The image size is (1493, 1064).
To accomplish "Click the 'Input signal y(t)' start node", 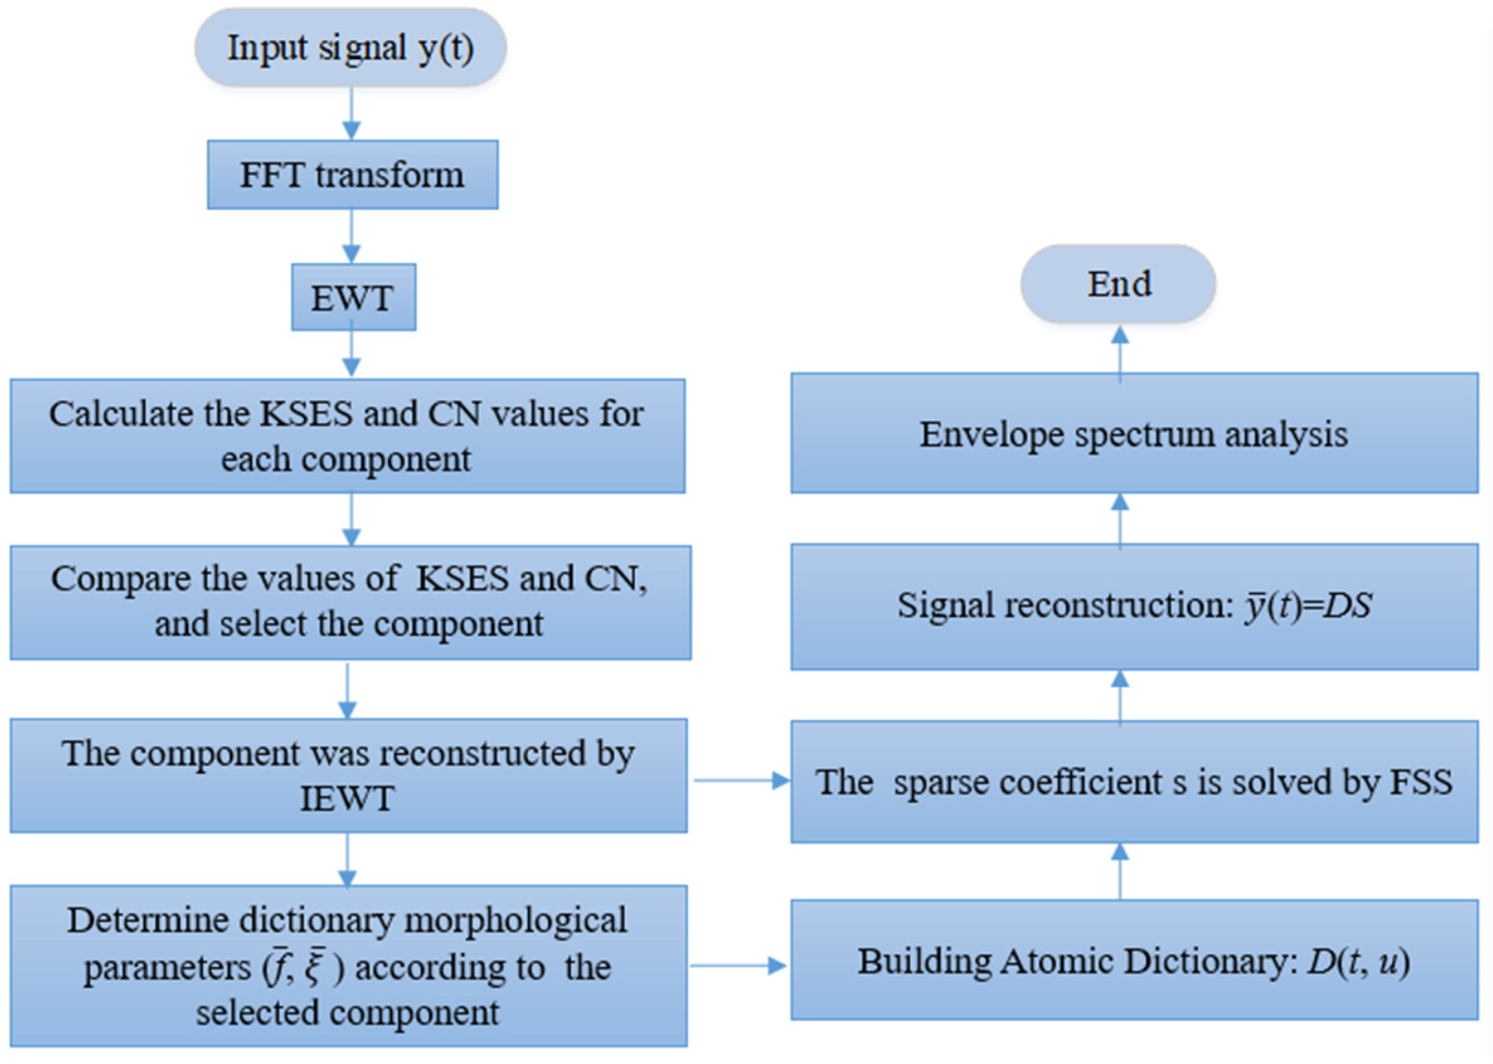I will tap(350, 48).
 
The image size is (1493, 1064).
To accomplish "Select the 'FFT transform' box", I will tap(352, 175).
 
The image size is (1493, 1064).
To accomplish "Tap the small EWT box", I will tap(353, 297).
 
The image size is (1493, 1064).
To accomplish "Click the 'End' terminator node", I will tap(1118, 284).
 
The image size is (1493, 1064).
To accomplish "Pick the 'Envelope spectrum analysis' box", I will tap(1134, 434).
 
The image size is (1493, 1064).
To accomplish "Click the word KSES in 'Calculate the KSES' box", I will tap(306, 414).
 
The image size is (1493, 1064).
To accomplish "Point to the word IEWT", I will tap(347, 798).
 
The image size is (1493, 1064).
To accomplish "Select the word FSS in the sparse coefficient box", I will tap(1420, 781).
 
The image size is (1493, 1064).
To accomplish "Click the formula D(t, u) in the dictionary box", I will tap(1358, 962).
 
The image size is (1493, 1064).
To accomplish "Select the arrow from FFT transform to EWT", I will tap(352, 236).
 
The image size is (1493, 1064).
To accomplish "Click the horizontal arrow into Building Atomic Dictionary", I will tap(739, 965).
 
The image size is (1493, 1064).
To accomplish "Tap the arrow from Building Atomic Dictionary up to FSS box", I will tap(1120, 870).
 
